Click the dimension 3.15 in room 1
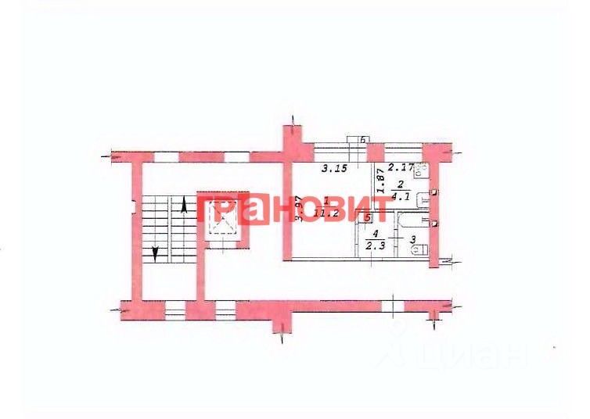335,168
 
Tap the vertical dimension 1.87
380,183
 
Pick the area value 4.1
400,198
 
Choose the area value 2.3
375,245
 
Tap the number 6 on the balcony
364,140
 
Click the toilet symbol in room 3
420,249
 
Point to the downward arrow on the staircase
156,252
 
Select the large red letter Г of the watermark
207,211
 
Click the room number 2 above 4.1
400,186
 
